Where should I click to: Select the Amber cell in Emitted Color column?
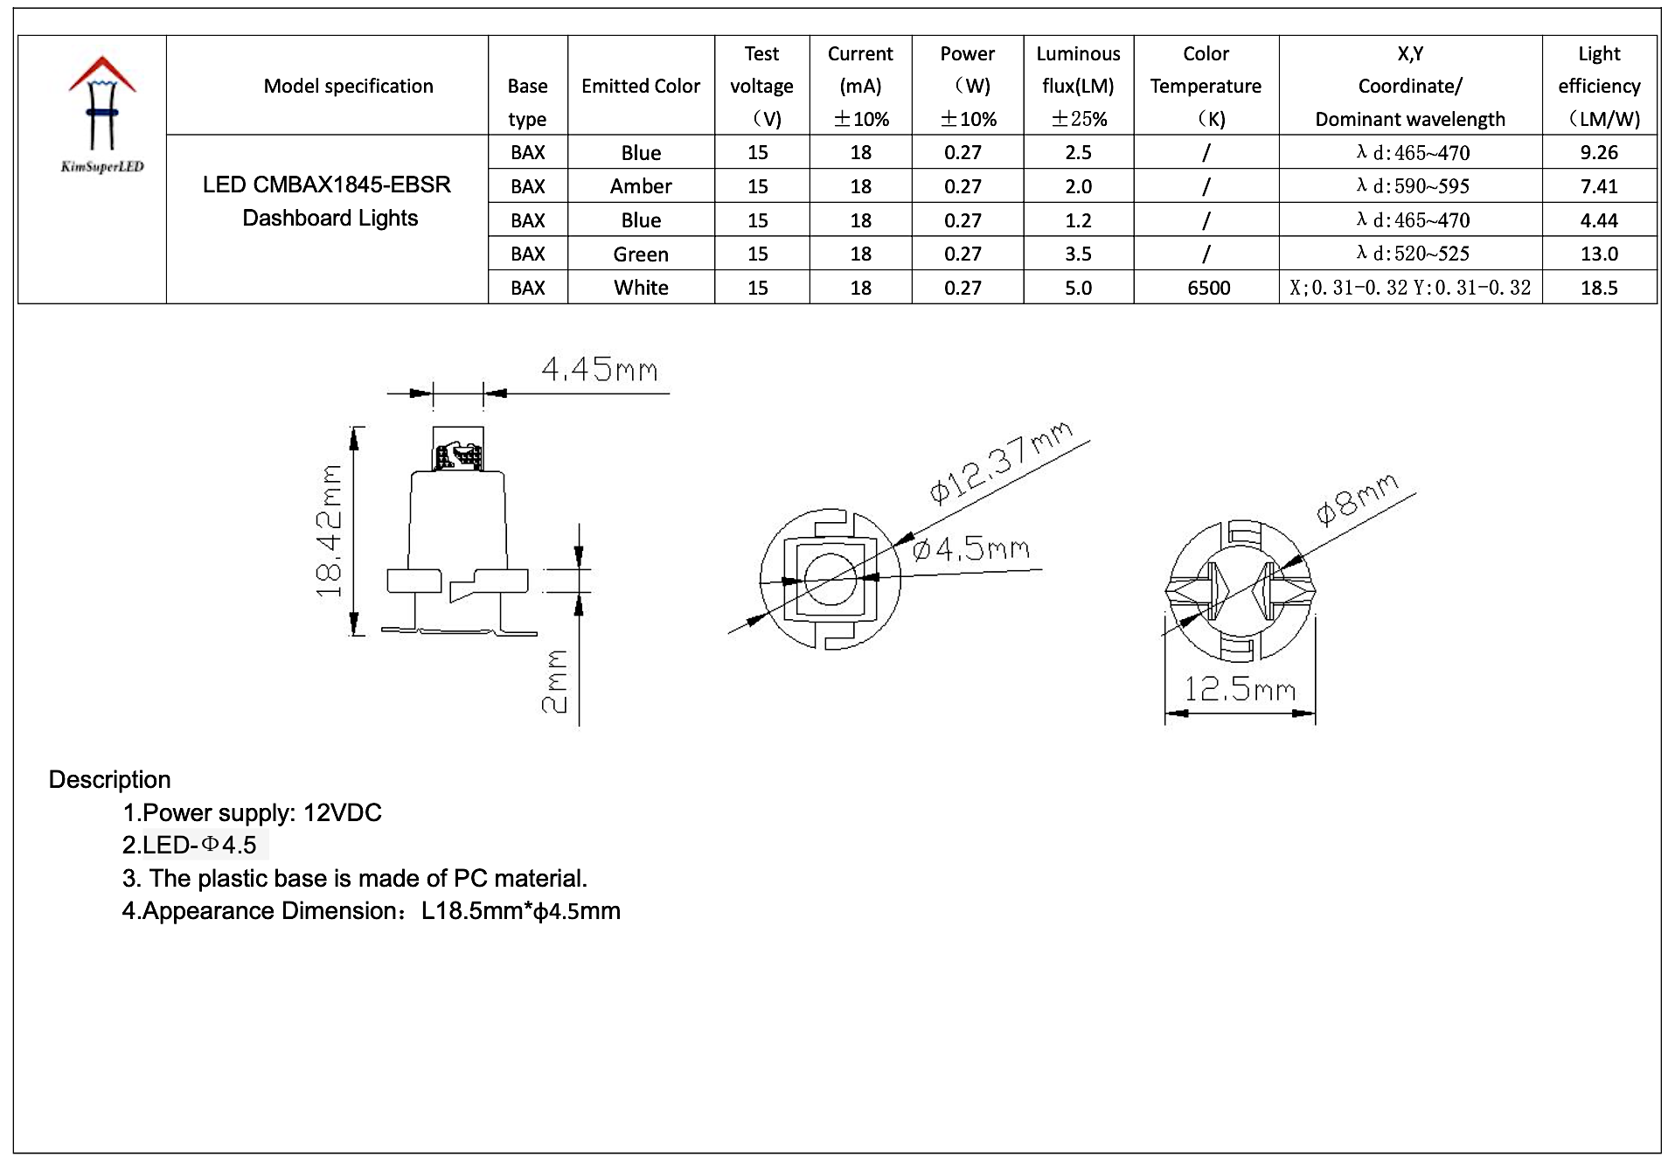[x=641, y=186]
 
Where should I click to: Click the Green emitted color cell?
[x=641, y=254]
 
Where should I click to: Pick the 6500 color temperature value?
[x=1208, y=288]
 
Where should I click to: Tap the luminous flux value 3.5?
[x=1078, y=254]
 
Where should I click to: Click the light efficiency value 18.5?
[x=1598, y=288]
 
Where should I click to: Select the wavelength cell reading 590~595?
[x=1412, y=186]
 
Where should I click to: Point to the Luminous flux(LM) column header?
[x=1078, y=86]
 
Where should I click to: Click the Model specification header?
[x=348, y=86]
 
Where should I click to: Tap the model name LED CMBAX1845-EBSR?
[x=327, y=185]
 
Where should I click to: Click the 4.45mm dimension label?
[x=600, y=370]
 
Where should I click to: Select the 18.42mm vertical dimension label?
[x=330, y=532]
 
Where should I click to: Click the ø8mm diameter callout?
[x=1357, y=499]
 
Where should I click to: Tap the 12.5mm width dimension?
[x=1239, y=690]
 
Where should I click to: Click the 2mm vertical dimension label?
[x=555, y=682]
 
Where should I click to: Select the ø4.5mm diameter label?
[x=970, y=549]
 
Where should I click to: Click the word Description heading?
[x=109, y=779]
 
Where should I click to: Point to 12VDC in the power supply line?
[x=342, y=812]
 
